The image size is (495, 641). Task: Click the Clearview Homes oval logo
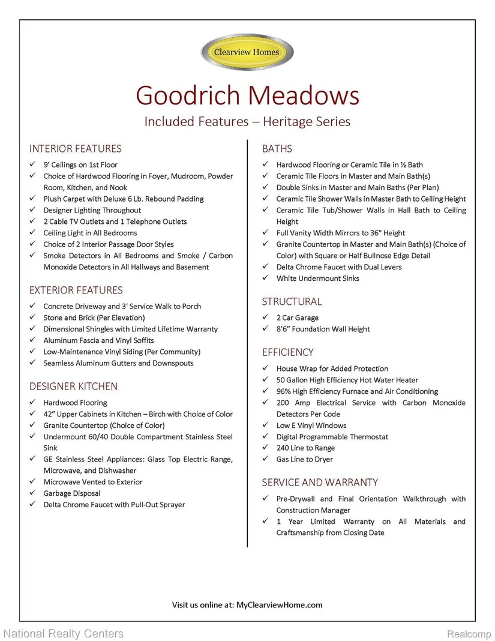coord(247,52)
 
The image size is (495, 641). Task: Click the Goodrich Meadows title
coord(247,95)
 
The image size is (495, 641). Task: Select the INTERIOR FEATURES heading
coord(75,149)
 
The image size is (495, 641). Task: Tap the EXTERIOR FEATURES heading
coord(76,290)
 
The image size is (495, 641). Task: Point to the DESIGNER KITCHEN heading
coord(73,387)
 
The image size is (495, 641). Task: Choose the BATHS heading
coord(277,149)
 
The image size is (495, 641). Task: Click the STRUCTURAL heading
coord(292,302)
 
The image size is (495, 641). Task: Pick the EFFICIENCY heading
coord(287,352)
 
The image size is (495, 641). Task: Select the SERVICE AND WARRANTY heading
coord(320,483)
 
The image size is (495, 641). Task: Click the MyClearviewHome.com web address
coord(279,604)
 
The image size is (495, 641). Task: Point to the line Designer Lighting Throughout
coord(92,210)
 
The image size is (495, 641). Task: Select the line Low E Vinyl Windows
coord(311,426)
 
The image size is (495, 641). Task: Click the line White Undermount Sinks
coord(317,278)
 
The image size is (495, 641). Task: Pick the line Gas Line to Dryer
coord(304,460)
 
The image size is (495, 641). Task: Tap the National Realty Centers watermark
coord(63,633)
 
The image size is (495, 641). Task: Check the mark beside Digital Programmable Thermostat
coord(265,437)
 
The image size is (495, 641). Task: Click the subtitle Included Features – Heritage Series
coord(247,121)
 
